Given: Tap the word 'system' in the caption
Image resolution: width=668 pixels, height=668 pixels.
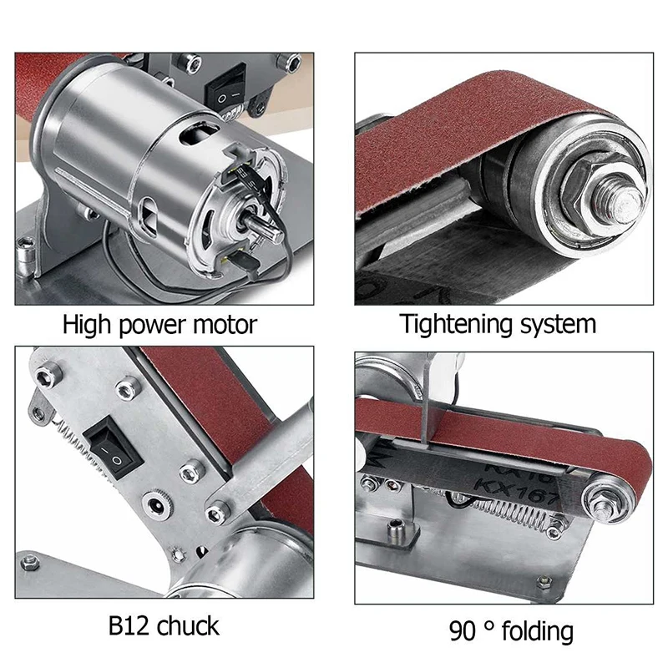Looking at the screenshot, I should click(554, 324).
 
